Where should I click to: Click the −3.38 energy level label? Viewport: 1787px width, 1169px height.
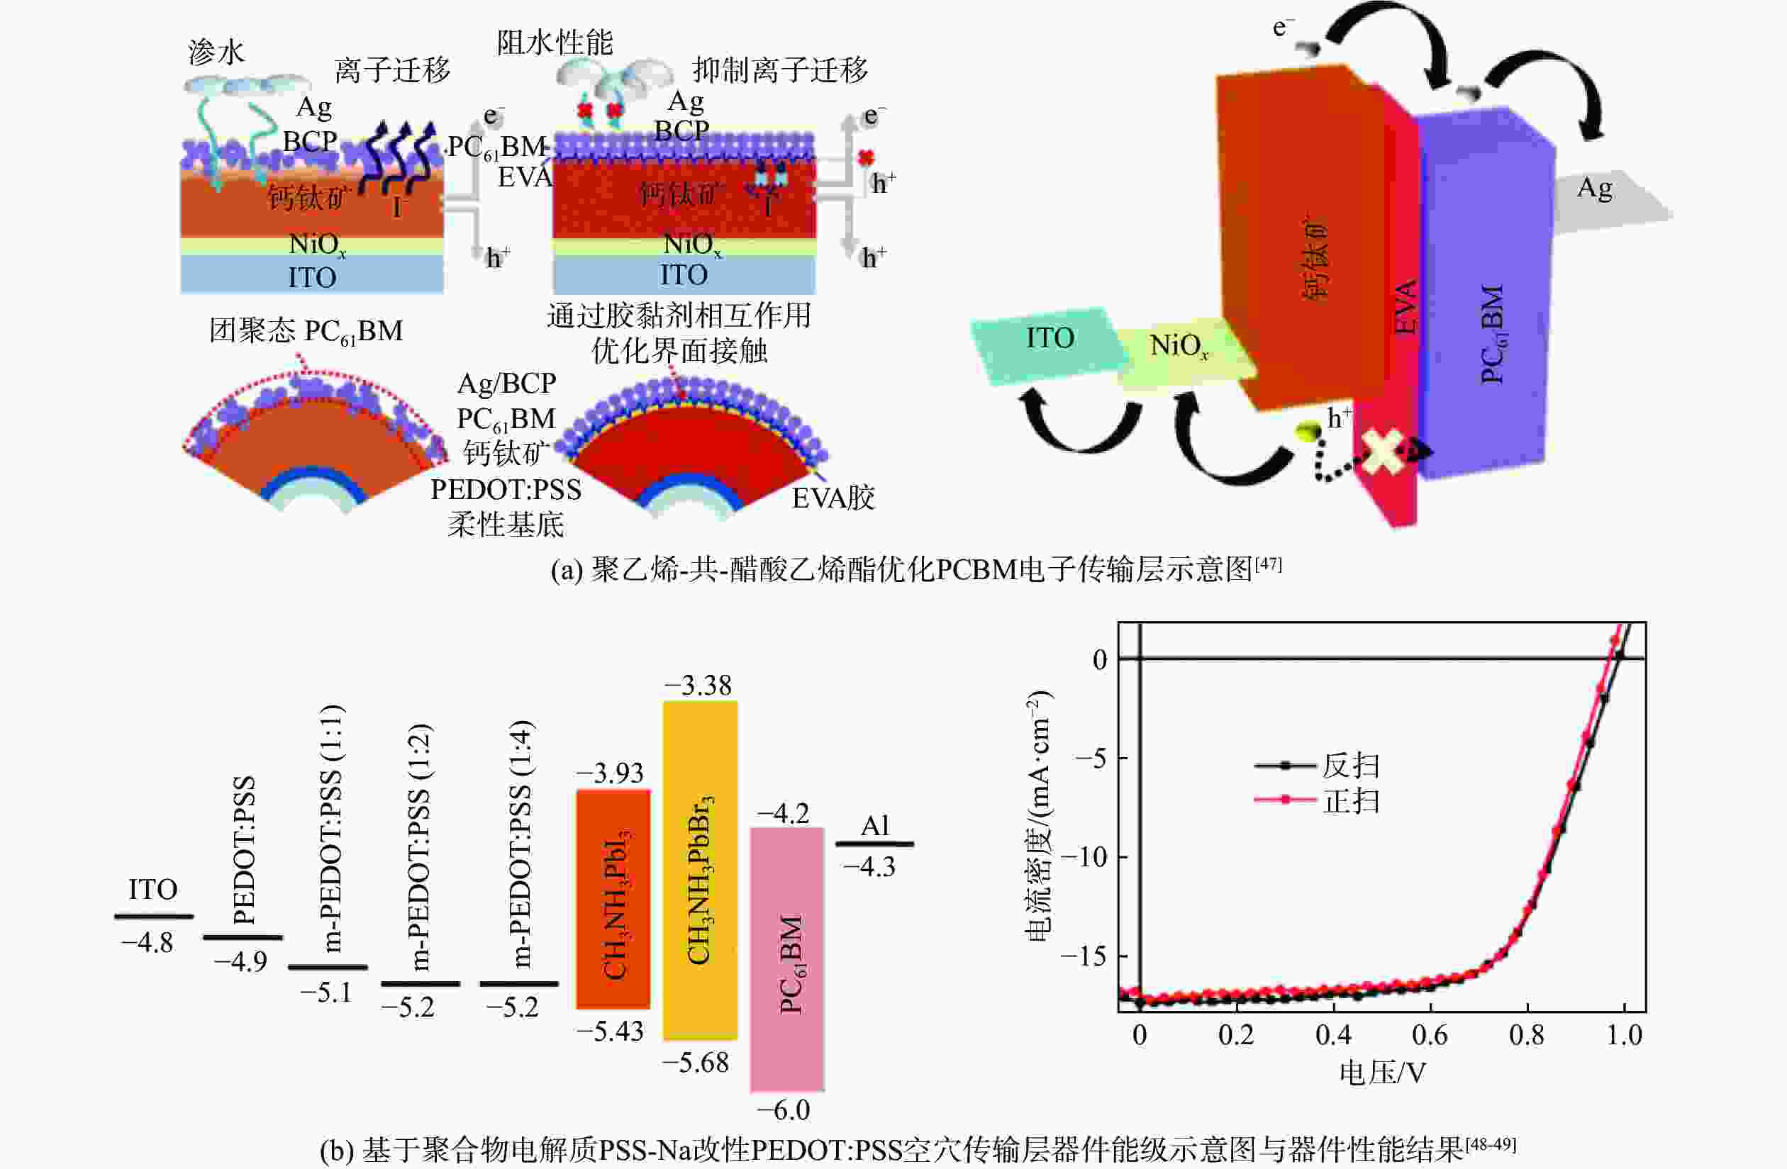click(x=698, y=685)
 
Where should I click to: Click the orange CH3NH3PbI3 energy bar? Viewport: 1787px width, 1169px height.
click(x=613, y=898)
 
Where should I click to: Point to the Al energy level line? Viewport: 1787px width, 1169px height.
click(x=875, y=844)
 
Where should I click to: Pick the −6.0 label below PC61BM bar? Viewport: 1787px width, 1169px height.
click(x=784, y=1109)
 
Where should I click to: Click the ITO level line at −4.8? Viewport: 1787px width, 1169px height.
click(x=154, y=916)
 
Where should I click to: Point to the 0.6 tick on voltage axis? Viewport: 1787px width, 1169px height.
click(x=1430, y=1034)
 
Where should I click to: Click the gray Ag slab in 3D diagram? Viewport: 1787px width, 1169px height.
click(x=1607, y=199)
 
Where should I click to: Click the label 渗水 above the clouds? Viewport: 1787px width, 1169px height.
click(x=216, y=52)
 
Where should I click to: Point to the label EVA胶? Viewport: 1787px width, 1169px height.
click(x=833, y=497)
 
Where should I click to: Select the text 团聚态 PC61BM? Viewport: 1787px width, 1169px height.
click(x=306, y=331)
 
